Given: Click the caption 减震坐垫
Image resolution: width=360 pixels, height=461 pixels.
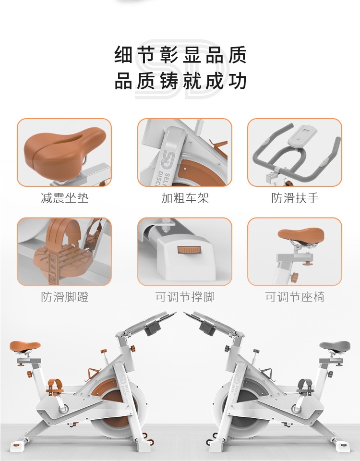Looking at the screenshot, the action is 65,198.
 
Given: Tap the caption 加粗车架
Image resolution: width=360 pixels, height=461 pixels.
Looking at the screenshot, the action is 185,198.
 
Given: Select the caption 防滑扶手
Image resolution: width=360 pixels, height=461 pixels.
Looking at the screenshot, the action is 295,198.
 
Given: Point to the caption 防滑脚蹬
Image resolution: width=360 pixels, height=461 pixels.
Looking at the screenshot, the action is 65,297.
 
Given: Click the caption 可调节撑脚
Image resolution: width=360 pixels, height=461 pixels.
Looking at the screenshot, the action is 185,297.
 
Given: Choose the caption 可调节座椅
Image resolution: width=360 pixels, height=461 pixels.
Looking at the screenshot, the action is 295,297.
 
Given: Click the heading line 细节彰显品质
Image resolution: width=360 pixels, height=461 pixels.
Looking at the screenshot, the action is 180,55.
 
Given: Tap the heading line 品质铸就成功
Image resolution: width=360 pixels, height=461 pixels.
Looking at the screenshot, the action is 180,81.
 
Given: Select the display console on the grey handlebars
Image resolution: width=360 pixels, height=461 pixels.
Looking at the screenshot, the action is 302,135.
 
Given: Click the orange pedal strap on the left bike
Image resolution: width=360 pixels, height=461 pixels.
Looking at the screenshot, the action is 55,386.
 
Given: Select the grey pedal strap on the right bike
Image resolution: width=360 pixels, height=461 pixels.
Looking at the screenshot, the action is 305,386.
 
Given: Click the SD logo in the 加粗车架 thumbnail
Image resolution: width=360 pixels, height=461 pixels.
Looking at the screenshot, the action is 167,160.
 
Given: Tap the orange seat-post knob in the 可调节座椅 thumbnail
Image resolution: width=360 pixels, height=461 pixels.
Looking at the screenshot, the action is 294,277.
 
